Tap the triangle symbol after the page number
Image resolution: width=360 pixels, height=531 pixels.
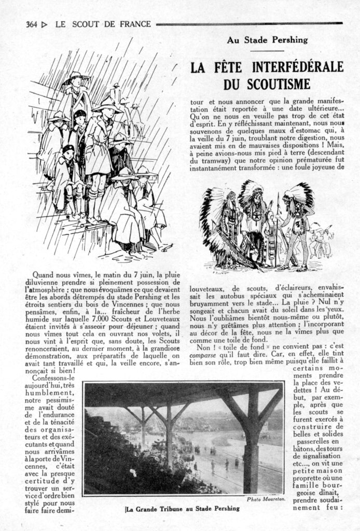(45, 24)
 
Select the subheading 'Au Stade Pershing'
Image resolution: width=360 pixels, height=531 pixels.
(267, 39)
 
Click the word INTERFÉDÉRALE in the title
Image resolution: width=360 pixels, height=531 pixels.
(298, 67)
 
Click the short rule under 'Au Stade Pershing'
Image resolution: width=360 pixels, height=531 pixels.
(267, 50)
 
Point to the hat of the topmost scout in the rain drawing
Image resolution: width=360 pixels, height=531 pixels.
(76, 77)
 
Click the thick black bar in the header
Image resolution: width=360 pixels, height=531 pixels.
(249, 24)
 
